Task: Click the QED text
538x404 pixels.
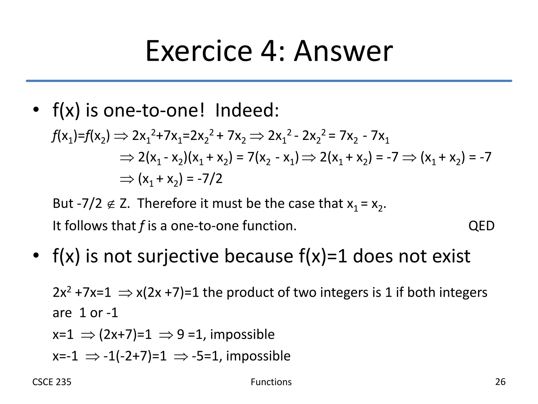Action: [x=481, y=226]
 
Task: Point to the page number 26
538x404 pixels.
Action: [x=500, y=382]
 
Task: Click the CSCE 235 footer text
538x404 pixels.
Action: [x=52, y=382]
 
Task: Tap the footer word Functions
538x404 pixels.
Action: [x=271, y=382]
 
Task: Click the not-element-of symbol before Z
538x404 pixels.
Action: [x=111, y=204]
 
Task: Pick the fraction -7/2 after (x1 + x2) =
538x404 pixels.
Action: [x=210, y=179]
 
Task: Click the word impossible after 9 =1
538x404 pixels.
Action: [x=242, y=334]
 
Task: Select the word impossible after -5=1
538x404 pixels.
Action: [x=258, y=356]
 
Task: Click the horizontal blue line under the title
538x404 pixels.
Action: [x=269, y=81]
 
